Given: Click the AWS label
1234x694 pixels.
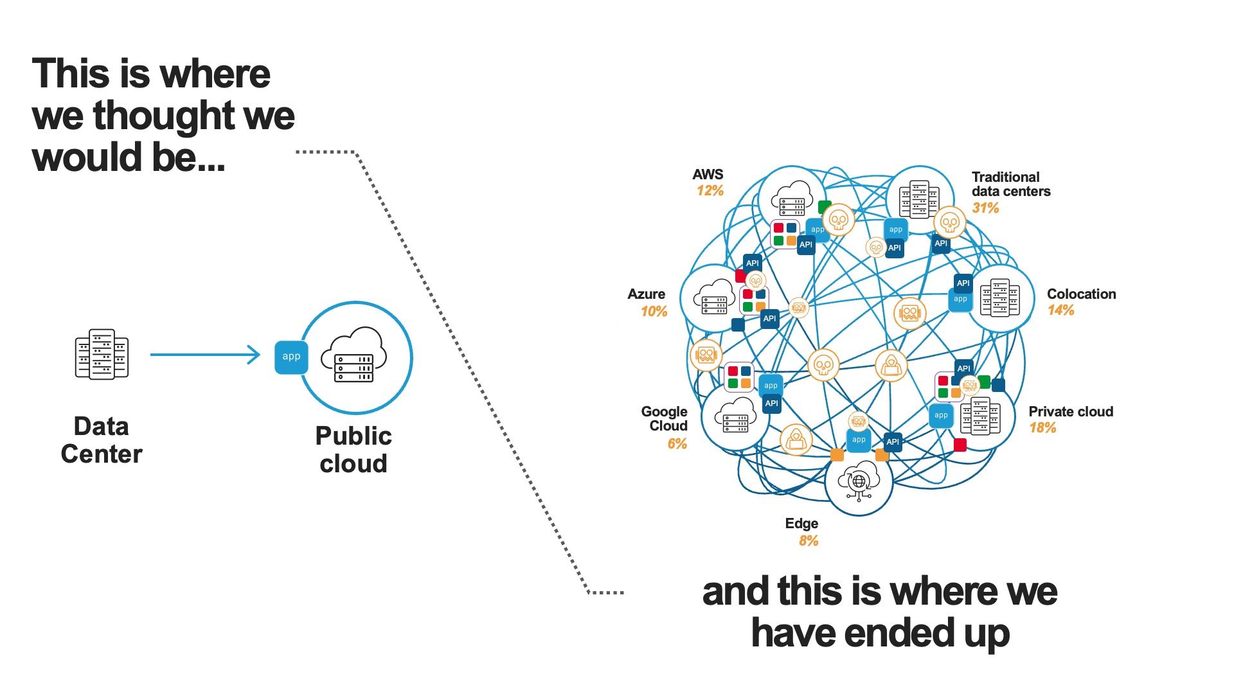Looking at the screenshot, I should [x=708, y=175].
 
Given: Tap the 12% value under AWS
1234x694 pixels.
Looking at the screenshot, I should [x=710, y=191].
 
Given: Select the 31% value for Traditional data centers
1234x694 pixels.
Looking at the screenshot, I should [x=985, y=208].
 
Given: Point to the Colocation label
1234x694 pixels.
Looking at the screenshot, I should [x=1081, y=294].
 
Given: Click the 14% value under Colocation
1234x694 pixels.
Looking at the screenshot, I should [x=1060, y=310].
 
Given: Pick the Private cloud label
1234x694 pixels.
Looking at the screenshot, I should [x=1071, y=412].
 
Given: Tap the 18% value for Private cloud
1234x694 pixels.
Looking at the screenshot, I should [x=1042, y=428].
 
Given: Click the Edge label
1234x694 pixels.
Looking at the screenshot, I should [x=801, y=524].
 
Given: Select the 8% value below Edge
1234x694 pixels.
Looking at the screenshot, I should [x=809, y=541].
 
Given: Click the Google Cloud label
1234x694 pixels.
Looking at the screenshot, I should [x=665, y=418].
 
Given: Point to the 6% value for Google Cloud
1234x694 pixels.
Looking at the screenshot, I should [x=677, y=444].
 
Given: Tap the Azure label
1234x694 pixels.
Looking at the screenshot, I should [x=646, y=294].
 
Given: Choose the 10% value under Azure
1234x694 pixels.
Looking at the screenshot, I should [x=654, y=312].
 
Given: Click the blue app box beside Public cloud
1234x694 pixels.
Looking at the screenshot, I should [x=291, y=357].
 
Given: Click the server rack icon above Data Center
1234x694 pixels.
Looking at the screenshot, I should [x=102, y=354].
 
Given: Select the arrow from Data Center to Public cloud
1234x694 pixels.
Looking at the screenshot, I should [x=204, y=354].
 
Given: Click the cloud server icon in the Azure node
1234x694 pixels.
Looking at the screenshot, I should [x=714, y=298].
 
